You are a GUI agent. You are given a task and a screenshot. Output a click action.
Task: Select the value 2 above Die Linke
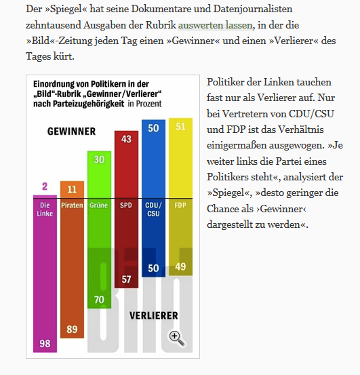coord(44,186)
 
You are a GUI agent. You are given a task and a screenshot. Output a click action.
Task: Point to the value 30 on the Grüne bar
coord(99,159)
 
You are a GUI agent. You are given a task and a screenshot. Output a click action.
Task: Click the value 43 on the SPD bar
coord(125,138)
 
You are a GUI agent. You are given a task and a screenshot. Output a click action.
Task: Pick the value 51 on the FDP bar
coord(180,127)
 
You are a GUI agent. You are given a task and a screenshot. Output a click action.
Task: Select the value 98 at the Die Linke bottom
coord(45,344)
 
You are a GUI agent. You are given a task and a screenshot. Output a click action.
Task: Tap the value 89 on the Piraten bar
coord(72,329)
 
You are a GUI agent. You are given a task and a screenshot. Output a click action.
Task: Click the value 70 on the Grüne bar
coord(99,299)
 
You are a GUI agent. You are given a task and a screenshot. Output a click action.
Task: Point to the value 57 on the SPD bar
coord(125,279)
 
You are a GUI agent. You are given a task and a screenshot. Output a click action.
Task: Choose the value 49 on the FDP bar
coord(180,267)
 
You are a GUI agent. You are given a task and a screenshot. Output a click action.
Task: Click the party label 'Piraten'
coord(72,205)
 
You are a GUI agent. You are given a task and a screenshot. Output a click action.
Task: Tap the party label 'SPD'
coord(125,205)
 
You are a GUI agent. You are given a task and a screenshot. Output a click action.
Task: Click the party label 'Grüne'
coord(99,205)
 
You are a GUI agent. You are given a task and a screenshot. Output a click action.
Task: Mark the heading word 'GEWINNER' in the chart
coord(71,131)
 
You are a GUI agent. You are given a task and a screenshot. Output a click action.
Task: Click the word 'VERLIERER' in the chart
coord(154,315)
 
